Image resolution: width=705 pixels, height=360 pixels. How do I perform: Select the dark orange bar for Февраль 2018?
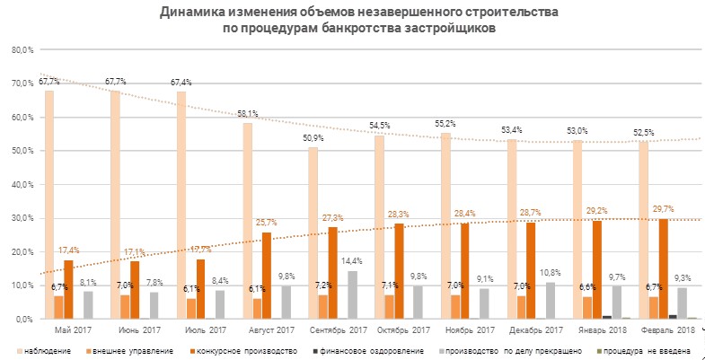[x=663, y=269]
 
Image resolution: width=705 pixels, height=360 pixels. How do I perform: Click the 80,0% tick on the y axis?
[x=22, y=49]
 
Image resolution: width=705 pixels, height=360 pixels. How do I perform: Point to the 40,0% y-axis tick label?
[x=22, y=184]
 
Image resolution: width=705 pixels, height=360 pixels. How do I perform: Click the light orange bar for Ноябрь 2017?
[x=455, y=307]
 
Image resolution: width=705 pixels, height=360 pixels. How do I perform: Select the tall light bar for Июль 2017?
[x=181, y=206]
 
